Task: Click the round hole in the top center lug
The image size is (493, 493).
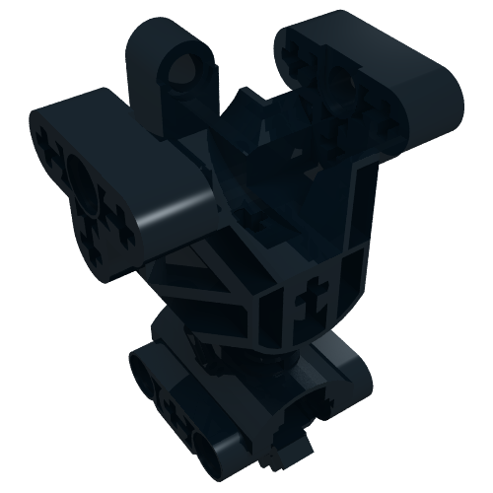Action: pos(180,70)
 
